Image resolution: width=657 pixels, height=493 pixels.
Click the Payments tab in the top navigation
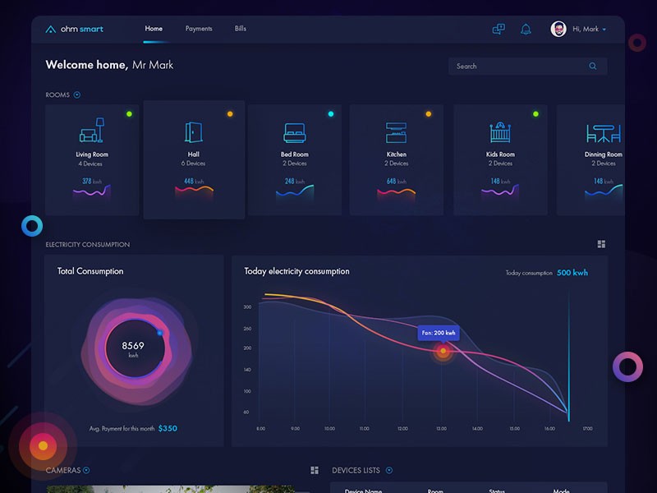point(199,29)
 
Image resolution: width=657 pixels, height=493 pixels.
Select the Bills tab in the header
point(240,29)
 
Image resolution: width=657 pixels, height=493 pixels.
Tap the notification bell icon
point(526,30)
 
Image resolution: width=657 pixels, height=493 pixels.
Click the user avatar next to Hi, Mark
point(558,29)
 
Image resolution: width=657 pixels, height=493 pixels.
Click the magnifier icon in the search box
point(593,67)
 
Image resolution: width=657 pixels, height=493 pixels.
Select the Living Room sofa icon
point(91,131)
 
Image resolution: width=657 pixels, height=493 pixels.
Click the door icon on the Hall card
point(194,132)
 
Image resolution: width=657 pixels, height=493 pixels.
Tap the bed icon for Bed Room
point(294,132)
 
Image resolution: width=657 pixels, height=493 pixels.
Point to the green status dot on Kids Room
point(535,114)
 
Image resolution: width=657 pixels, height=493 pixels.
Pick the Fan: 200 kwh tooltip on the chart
point(439,333)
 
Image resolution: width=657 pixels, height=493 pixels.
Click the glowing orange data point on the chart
point(443,352)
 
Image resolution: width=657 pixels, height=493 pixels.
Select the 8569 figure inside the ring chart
point(133,346)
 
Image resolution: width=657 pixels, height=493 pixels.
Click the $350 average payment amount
point(168,428)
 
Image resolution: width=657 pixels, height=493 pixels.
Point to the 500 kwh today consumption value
point(572,273)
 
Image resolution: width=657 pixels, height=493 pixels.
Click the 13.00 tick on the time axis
point(441,429)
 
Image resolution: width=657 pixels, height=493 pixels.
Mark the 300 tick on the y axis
point(247,307)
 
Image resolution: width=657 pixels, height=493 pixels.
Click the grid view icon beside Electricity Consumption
point(601,244)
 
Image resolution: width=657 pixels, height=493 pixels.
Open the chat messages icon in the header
point(498,29)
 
